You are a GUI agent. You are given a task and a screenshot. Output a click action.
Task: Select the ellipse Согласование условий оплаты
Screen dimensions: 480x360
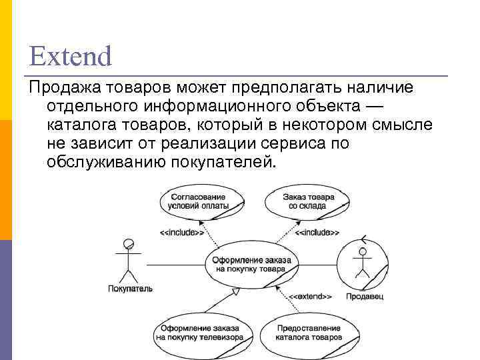pos(199,201)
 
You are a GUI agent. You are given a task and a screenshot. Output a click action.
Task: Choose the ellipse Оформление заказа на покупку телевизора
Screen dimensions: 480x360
pos(193,333)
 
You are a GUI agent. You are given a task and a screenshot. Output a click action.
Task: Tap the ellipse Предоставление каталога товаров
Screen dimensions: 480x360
pos(308,333)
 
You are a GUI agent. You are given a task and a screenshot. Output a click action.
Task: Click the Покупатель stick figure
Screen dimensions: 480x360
pos(129,261)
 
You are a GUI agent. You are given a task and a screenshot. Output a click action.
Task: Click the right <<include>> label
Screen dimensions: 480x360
pos(317,233)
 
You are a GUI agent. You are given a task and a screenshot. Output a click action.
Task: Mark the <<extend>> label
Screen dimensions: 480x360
pos(310,295)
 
